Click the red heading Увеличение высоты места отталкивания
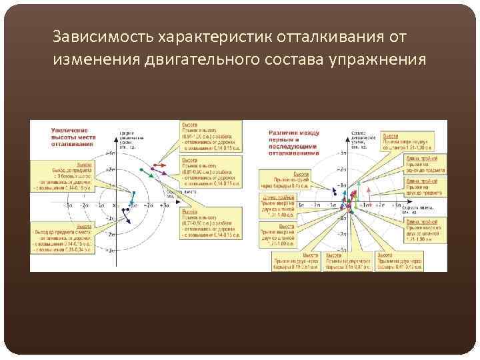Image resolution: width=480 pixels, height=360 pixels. tap(73, 137)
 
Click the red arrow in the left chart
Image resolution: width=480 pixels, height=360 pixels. tap(159, 165)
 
